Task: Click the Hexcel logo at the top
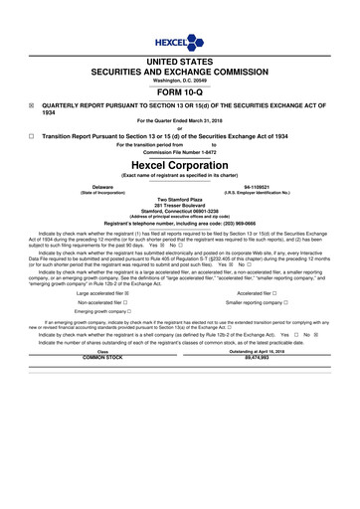pos(180,43)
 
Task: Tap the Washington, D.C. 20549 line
pos(180,79)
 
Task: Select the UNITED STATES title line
pos(180,61)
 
